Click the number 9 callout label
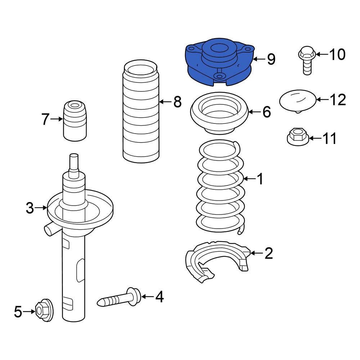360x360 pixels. point(271,59)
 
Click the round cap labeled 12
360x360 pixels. point(298,100)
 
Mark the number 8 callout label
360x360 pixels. point(177,102)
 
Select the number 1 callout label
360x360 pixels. point(259,179)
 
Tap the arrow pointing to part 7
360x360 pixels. point(57,119)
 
